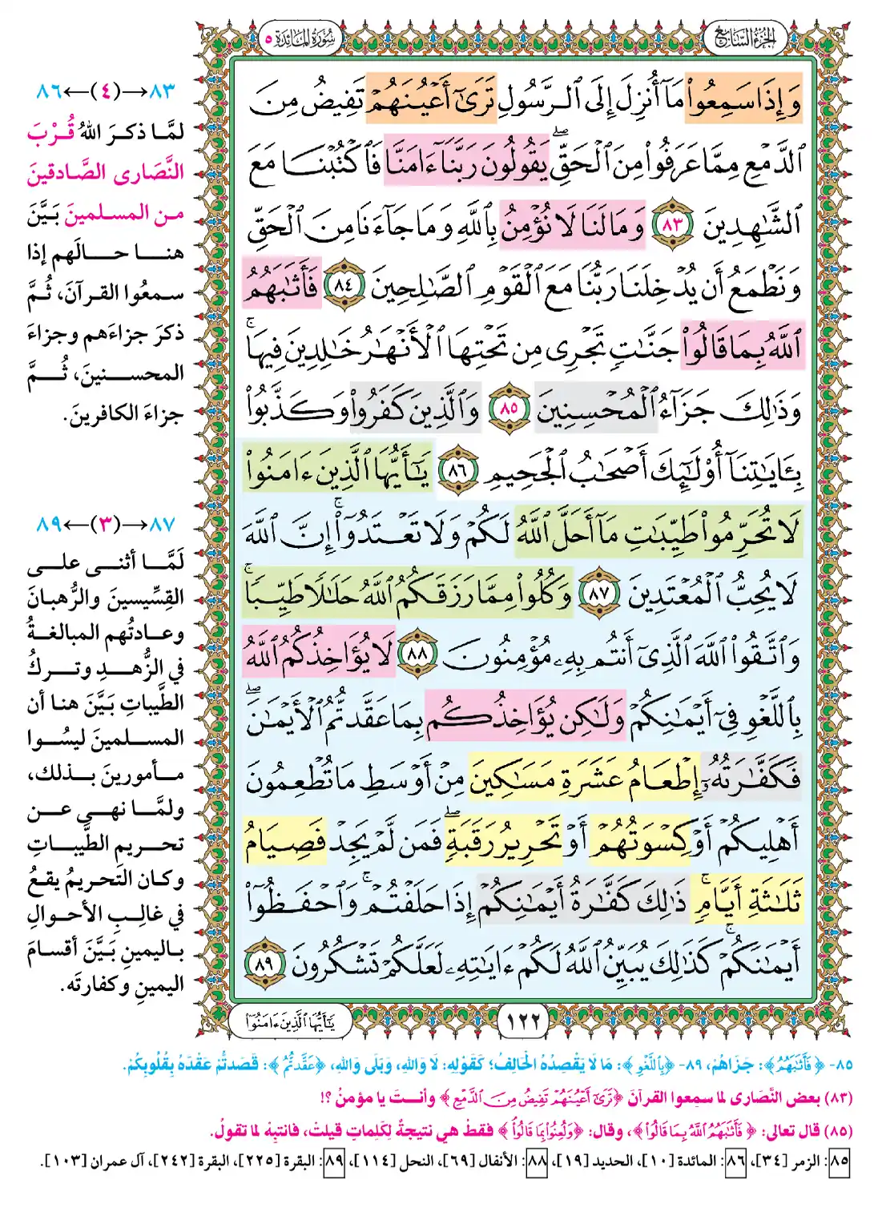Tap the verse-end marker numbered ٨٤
click(344, 285)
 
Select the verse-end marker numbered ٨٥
click(509, 408)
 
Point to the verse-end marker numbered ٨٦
click(456, 469)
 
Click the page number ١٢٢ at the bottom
click(524, 1020)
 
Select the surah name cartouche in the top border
click(303, 38)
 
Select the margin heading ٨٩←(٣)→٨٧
click(105, 525)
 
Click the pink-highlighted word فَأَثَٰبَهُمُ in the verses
click(280, 287)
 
